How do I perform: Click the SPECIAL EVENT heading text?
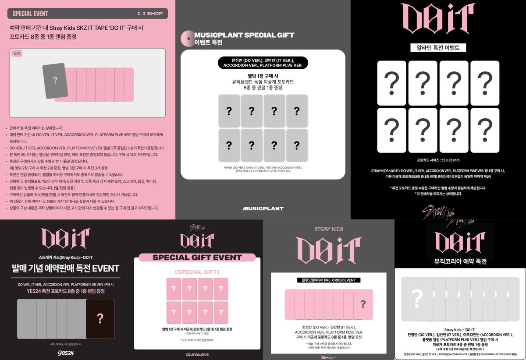pyautogui.click(x=30, y=14)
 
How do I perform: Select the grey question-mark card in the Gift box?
pyautogui.click(x=55, y=80)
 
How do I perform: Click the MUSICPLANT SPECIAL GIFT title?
pyautogui.click(x=244, y=35)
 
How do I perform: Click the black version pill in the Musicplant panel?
pyautogui.click(x=263, y=63)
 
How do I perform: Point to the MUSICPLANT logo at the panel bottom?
pyautogui.click(x=263, y=208)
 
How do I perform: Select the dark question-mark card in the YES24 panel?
pyautogui.click(x=100, y=318)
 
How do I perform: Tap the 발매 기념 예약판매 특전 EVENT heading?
pyautogui.click(x=65, y=268)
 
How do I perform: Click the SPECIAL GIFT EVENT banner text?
pyautogui.click(x=197, y=257)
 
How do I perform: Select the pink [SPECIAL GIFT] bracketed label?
pyautogui.click(x=197, y=272)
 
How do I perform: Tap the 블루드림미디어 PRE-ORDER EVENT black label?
pyautogui.click(x=328, y=280)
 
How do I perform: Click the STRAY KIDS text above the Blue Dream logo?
pyautogui.click(x=328, y=229)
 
